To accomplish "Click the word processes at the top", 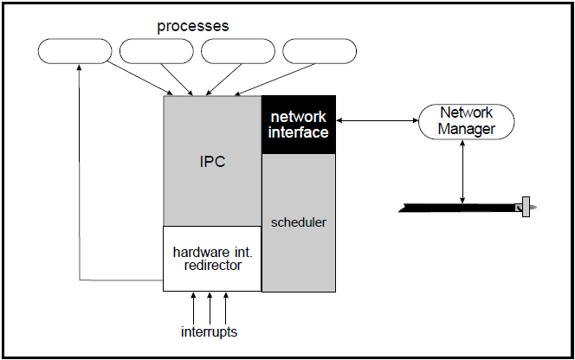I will pos(192,26).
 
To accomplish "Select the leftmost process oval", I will pos(75,51).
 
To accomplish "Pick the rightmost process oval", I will pos(320,51).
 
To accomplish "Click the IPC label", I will pos(212,162).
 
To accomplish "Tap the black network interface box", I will pos(299,125).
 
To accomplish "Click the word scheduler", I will pos(299,222).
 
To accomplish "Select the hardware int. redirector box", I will pos(212,259).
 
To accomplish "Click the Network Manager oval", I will pos(466,121).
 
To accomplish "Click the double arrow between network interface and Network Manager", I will pos(377,121).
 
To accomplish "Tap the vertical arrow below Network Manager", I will pos(466,170).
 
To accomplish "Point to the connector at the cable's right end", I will pos(525,208).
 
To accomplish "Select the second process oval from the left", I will pos(157,51).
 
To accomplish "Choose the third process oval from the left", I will pos(238,51).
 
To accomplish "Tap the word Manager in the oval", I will pos(466,129).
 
